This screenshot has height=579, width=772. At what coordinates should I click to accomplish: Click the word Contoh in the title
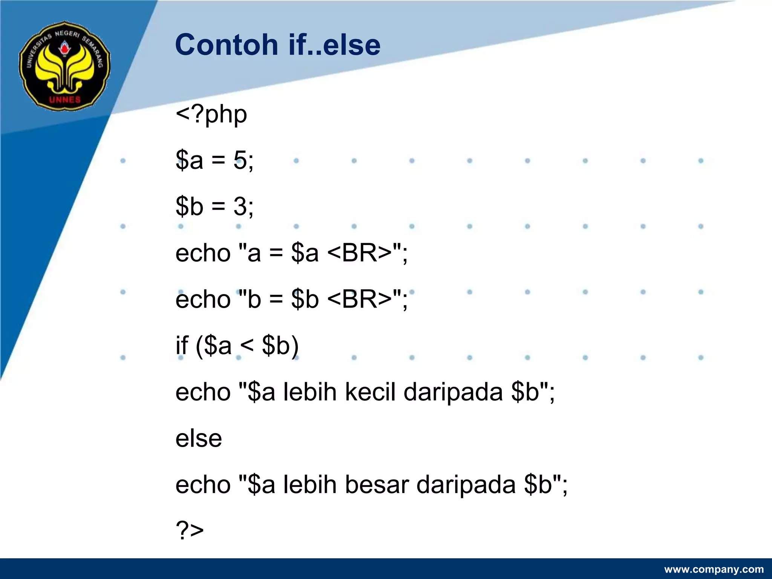227,45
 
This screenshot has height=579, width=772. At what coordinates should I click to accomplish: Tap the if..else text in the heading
334,45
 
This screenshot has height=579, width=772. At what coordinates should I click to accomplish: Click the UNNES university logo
64,66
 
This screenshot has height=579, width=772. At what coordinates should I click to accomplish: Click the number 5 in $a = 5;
240,160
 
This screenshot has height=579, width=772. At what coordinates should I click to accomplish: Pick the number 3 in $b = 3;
240,207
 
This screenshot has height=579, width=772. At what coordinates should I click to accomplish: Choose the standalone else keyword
199,438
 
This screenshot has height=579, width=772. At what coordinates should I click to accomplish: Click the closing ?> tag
190,530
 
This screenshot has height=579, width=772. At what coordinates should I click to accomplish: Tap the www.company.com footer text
714,569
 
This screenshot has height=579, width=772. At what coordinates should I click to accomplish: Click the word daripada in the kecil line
453,392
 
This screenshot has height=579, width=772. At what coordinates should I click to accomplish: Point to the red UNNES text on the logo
65,100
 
